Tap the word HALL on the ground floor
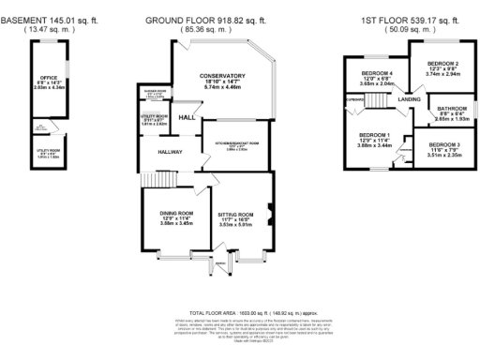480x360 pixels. pos(187,117)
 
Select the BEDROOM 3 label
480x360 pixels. pos(444,145)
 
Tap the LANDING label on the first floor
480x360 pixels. pos(408,97)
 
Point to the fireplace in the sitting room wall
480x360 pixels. pos(270,209)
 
